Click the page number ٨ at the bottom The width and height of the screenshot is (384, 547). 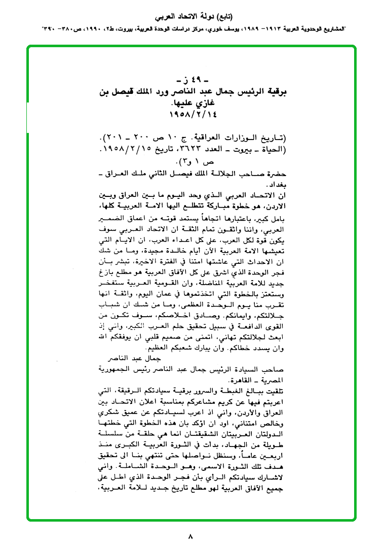[190, 536]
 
